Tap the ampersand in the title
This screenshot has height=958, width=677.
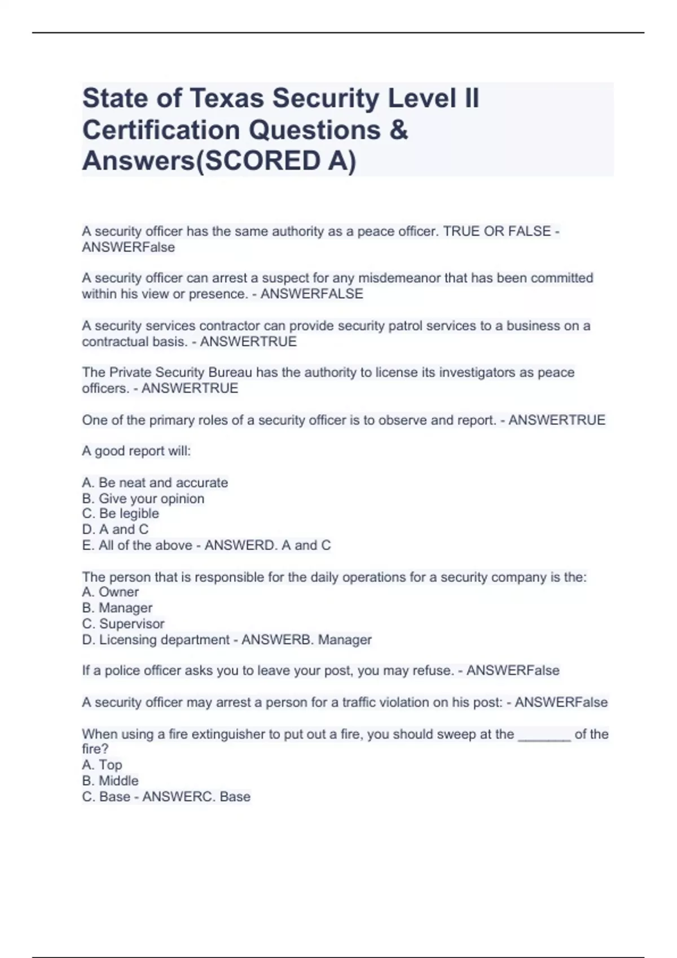[x=398, y=130]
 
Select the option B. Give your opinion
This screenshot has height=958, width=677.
[x=143, y=499]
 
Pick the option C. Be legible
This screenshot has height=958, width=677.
[x=121, y=514]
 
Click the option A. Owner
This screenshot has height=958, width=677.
[x=111, y=592]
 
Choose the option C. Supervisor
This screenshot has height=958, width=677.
[x=124, y=624]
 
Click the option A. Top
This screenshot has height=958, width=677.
[x=102, y=765]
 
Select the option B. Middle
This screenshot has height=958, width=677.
[x=111, y=780]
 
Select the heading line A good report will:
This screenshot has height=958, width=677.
[x=137, y=451]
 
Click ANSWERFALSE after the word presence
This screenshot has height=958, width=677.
[x=311, y=294]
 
